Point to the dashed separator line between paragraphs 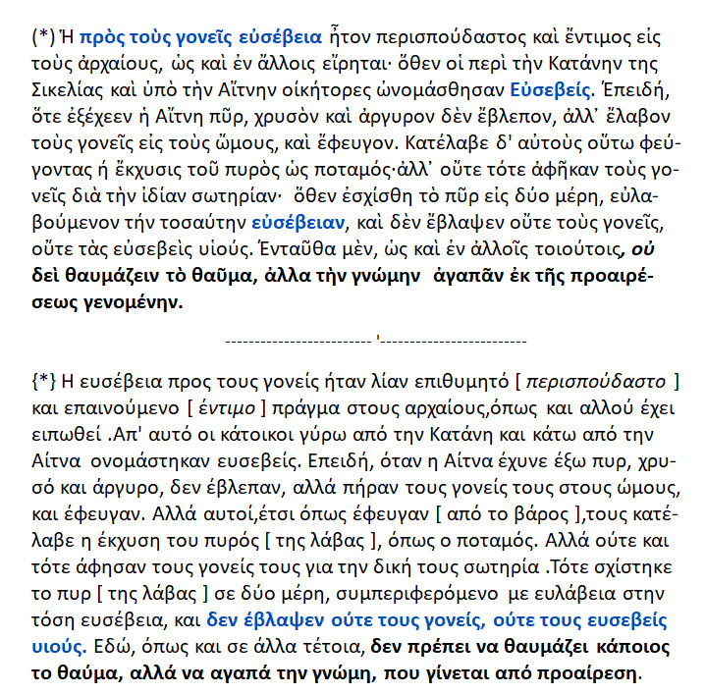(x=376, y=341)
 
